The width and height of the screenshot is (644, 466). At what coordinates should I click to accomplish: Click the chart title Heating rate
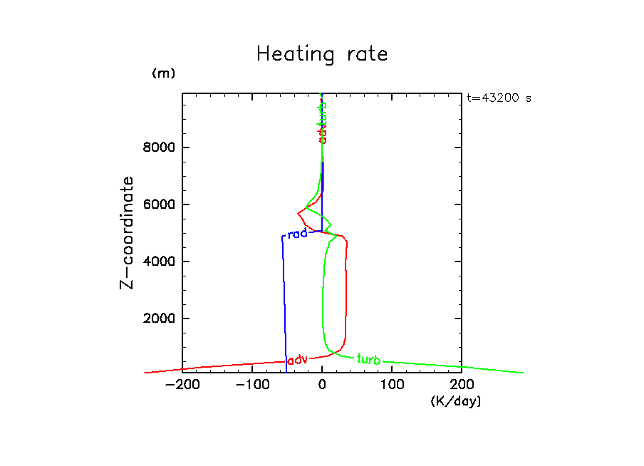point(322,54)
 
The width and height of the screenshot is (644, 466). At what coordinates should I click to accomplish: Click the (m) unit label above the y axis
point(163,73)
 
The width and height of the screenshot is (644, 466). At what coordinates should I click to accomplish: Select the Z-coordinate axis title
point(128,232)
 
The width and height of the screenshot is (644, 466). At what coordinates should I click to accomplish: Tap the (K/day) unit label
point(456,401)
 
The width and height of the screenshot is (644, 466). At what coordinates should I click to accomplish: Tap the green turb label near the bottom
point(368,359)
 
